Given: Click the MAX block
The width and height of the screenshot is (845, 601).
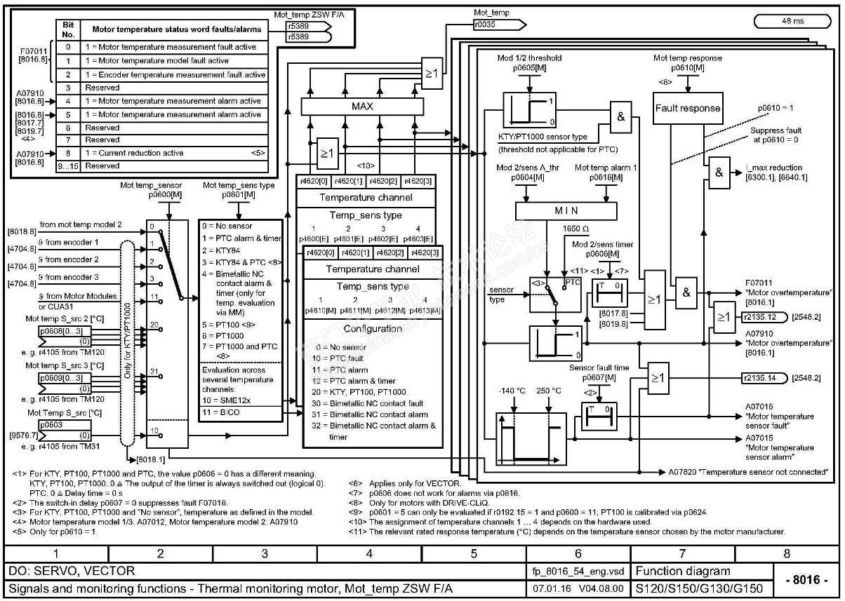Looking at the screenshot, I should coord(363,107).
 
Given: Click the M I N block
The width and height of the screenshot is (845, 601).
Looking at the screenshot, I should coord(566,211).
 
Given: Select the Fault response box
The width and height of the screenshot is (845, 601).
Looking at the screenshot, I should coord(687,109).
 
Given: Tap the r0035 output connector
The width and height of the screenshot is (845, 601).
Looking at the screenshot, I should coord(497,24).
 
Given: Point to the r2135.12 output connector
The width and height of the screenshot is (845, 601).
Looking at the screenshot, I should coord(759,317).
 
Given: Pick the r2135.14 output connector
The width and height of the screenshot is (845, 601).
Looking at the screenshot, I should coord(759,378).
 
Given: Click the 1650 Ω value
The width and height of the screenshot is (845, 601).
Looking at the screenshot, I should coord(576,229).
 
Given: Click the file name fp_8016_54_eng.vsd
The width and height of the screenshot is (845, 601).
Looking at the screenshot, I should coord(578,572).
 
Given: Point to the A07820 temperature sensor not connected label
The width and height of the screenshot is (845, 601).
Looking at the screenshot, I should coord(747,472).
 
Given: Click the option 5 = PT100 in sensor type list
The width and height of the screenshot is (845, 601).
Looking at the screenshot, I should coord(228,325).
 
